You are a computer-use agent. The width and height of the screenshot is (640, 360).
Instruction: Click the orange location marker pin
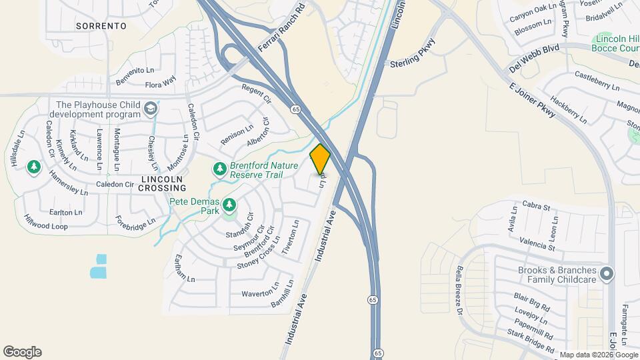pos(320,159)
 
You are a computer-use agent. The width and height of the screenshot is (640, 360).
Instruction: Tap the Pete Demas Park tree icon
pos(230,204)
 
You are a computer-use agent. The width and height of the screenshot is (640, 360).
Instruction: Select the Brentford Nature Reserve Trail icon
pos(219,167)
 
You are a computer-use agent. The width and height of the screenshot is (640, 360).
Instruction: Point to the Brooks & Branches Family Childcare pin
pos(606,274)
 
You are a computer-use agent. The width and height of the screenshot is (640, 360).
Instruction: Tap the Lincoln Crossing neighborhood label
pos(157,183)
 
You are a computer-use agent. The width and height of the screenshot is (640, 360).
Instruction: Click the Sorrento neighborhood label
pos(101,26)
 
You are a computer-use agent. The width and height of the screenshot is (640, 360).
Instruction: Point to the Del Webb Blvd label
pos(533,59)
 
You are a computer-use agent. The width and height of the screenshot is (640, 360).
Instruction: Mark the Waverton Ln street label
pos(260,293)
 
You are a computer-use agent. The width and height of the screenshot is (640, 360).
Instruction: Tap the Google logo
pos(22,352)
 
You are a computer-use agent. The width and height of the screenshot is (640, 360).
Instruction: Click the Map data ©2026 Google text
pos(597,355)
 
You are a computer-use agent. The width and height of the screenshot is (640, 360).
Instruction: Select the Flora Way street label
pos(160,82)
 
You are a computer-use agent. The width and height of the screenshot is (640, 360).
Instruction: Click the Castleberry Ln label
pos(597,81)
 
